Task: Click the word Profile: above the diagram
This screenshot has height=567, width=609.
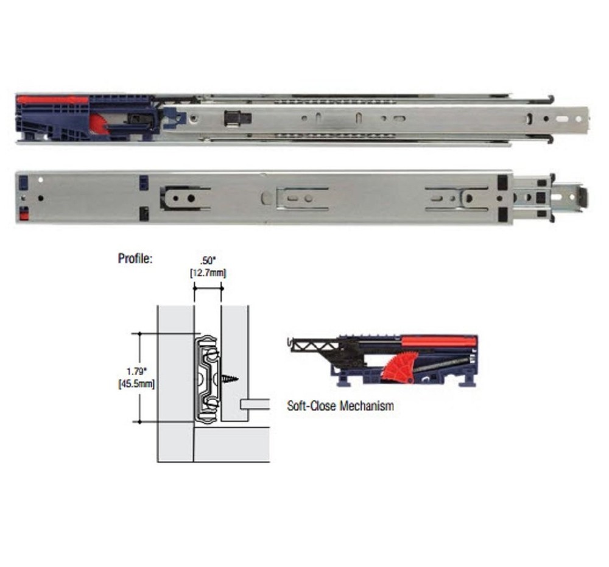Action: pyautogui.click(x=135, y=259)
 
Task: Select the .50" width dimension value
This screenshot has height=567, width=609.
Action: pyautogui.click(x=208, y=261)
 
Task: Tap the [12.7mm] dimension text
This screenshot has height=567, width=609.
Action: pyautogui.click(x=208, y=273)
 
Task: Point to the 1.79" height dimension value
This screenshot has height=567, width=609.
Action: pyautogui.click(x=136, y=372)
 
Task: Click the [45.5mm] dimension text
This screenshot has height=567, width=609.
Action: pyautogui.click(x=136, y=384)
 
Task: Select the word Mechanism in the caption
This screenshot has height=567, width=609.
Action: pyautogui.click(x=367, y=406)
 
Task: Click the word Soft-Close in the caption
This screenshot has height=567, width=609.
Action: pyautogui.click(x=311, y=406)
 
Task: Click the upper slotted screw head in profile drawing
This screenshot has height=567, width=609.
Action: pyautogui.click(x=214, y=354)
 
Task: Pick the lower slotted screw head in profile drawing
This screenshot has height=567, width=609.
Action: pyautogui.click(x=214, y=404)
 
